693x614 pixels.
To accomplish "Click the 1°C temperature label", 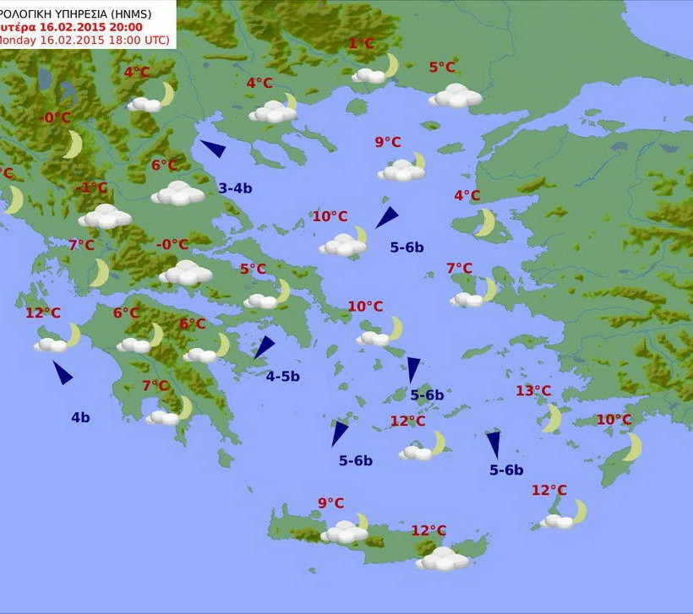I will pyautogui.click(x=361, y=44).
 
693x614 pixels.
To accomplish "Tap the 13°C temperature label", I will pyautogui.click(x=533, y=391).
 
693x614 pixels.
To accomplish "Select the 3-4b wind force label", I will pyautogui.click(x=235, y=188).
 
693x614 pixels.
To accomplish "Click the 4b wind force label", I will pyautogui.click(x=80, y=416).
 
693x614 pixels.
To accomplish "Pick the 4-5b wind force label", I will pyautogui.click(x=282, y=377).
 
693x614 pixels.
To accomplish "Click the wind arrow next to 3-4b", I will pyautogui.click(x=213, y=149).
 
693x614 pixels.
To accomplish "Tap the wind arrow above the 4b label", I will pyautogui.click(x=63, y=372).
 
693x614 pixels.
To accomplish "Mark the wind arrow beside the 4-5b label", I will pyautogui.click(x=265, y=347).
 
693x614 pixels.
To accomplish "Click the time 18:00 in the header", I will pyautogui.click(x=118, y=40).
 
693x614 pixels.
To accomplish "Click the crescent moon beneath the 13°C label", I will pyautogui.click(x=553, y=417).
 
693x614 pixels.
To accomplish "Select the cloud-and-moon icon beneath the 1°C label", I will pyautogui.click(x=375, y=70).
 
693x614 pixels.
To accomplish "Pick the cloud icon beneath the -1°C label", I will pyautogui.click(x=105, y=216).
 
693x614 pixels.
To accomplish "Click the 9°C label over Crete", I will pyautogui.click(x=330, y=503).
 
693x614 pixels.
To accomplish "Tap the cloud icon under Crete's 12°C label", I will pyautogui.click(x=442, y=558).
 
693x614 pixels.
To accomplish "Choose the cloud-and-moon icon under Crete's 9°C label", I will pyautogui.click(x=346, y=530).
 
